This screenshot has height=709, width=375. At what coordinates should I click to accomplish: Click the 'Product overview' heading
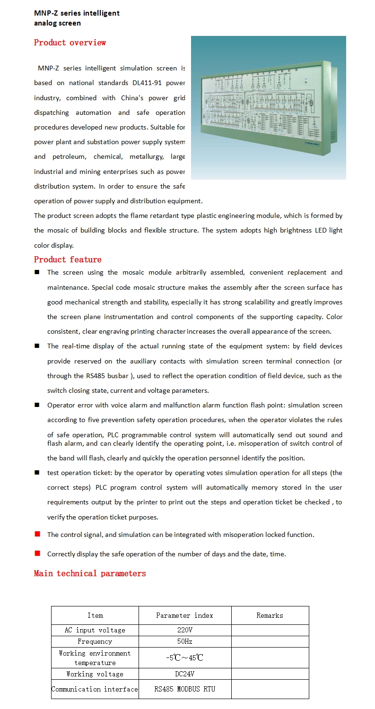point(70,43)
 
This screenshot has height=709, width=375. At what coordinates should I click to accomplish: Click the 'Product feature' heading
point(68,259)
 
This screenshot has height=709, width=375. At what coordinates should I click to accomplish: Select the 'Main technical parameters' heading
point(90,573)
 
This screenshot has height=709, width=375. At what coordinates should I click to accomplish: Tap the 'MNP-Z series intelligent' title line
point(77,13)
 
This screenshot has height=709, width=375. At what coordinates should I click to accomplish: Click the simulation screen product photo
point(268,107)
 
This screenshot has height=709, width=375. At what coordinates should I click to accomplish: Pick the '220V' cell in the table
point(184,630)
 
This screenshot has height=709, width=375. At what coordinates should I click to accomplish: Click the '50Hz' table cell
point(184,641)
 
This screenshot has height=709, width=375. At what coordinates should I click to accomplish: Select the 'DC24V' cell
point(184,674)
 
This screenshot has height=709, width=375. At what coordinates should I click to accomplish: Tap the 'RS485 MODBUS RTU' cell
point(184,689)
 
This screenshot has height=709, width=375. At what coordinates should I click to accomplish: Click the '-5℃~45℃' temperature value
point(184,657)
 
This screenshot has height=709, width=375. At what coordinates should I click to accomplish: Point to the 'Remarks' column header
point(270,615)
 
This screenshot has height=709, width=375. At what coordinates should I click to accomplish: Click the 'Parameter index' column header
point(184,615)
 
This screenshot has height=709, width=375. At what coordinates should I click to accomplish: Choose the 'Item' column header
point(95,615)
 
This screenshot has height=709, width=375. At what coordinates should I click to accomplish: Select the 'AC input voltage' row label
point(95,630)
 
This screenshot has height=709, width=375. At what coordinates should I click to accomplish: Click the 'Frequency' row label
point(95,641)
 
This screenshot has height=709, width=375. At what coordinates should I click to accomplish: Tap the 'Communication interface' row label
point(95,689)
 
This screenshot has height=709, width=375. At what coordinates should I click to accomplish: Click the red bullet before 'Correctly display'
point(37,553)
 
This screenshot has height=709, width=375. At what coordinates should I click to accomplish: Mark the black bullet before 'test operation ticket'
point(37,473)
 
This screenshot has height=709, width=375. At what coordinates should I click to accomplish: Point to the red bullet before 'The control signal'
point(37,534)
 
